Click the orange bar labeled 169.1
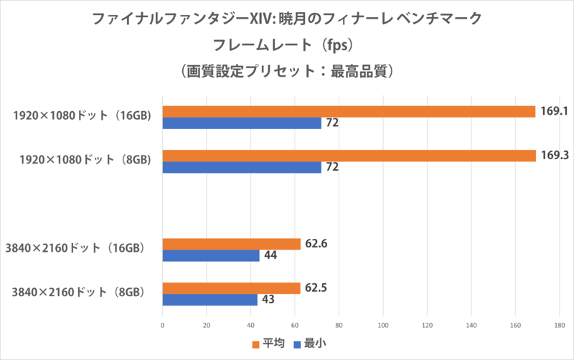pyautogui.click(x=349, y=111)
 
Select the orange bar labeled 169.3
pyautogui.click(x=349, y=156)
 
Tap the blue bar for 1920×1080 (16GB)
pyautogui.click(x=242, y=123)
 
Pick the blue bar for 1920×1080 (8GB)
pyautogui.click(x=242, y=168)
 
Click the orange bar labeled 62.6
pyautogui.click(x=232, y=244)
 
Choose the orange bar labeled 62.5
pyautogui.click(x=232, y=288)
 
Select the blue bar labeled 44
pyautogui.click(x=211, y=256)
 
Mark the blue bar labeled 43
pyautogui.click(x=210, y=300)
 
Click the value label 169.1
pyautogui.click(x=554, y=111)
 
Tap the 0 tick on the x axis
pyautogui.click(x=163, y=325)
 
